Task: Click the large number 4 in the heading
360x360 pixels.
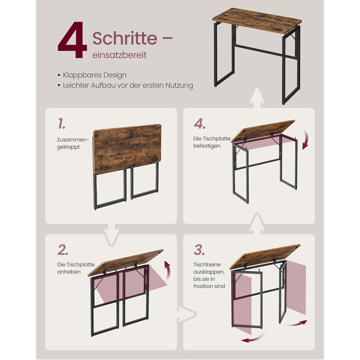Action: click(x=73, y=40)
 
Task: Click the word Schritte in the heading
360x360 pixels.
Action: click(x=125, y=38)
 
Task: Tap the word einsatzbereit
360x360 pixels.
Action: click(x=119, y=55)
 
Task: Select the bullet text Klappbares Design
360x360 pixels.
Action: click(x=95, y=75)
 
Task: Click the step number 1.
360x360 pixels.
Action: click(x=61, y=123)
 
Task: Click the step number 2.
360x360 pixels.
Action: click(x=63, y=250)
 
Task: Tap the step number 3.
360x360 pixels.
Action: click(x=199, y=250)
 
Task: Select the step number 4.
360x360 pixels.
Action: click(x=200, y=124)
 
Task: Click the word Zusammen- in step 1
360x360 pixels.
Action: click(x=73, y=139)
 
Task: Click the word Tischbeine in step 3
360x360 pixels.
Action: click(x=207, y=264)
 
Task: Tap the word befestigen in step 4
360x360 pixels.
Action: click(x=207, y=146)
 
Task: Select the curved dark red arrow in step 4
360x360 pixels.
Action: click(x=307, y=138)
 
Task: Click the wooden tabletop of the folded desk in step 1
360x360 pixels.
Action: click(x=127, y=148)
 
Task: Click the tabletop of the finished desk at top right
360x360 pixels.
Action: click(x=257, y=21)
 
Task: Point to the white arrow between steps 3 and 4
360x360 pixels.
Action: click(x=257, y=224)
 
